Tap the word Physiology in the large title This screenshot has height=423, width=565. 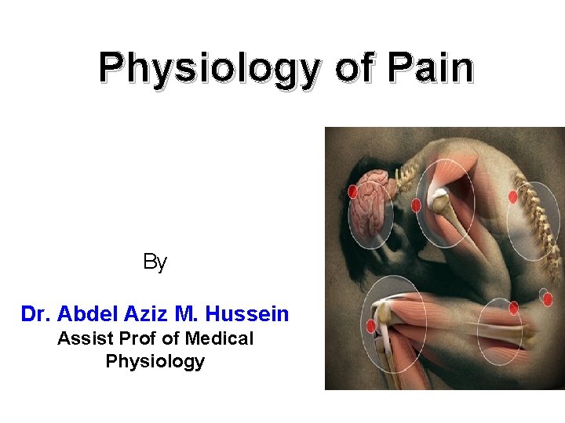(x=210, y=70)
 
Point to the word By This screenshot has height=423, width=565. (x=155, y=262)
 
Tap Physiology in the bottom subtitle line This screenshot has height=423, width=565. (x=155, y=361)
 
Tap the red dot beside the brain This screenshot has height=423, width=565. (x=352, y=190)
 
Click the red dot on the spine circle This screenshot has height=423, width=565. (x=512, y=197)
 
